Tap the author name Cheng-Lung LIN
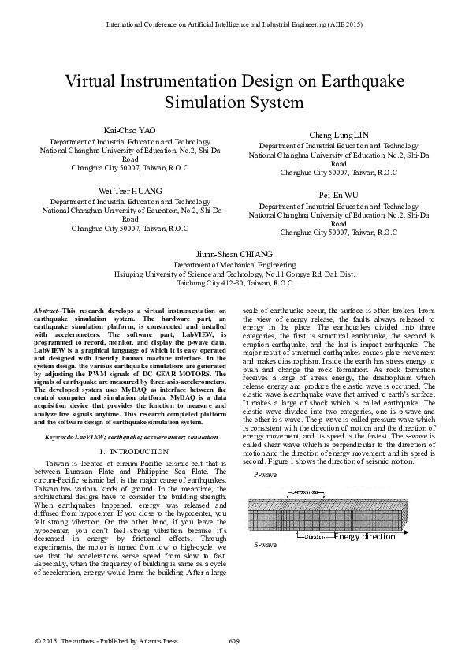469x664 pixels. [339, 136]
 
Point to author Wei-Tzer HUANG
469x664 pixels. [130, 192]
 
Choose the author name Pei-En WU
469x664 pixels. [339, 194]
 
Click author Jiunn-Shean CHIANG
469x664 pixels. [234, 255]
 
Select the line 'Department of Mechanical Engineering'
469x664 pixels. [234, 266]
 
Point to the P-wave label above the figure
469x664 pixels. [265, 476]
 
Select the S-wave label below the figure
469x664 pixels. [265, 545]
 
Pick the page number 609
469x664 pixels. [234, 641]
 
